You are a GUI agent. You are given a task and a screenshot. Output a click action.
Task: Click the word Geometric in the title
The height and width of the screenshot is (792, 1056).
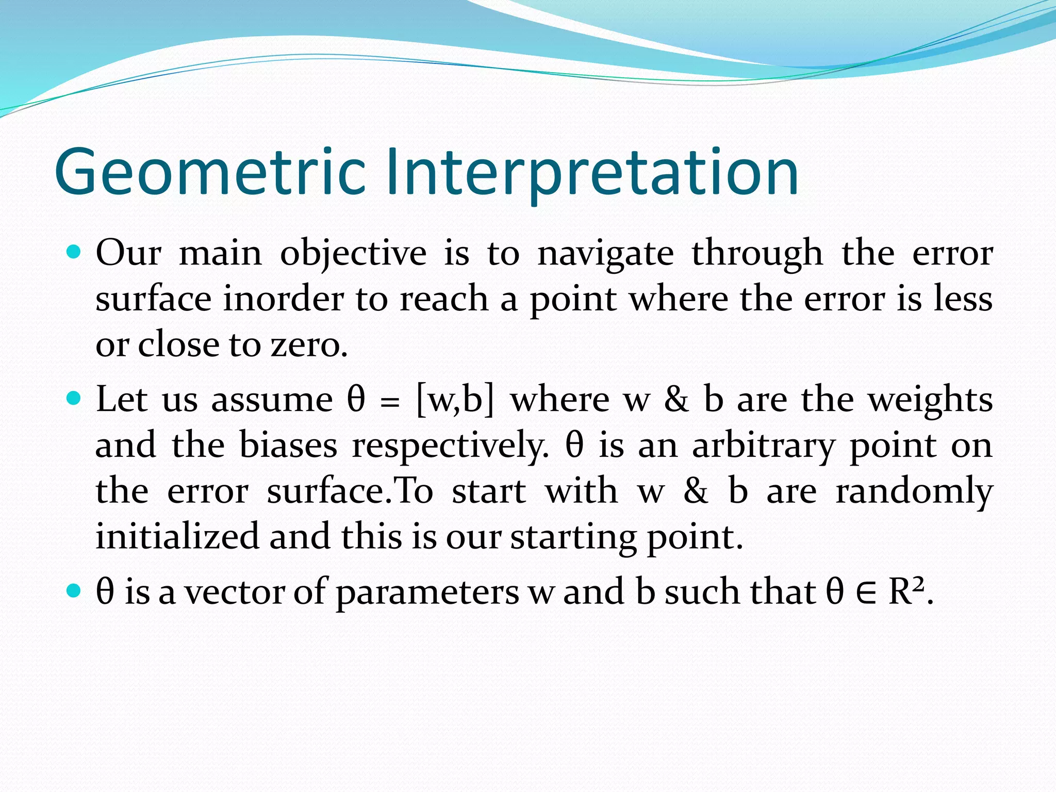pyautogui.click(x=209, y=173)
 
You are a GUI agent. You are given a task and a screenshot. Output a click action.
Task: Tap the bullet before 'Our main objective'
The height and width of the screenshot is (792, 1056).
pyautogui.click(x=74, y=253)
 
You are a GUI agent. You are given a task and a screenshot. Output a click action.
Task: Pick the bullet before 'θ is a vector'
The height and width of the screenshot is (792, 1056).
pyautogui.click(x=74, y=590)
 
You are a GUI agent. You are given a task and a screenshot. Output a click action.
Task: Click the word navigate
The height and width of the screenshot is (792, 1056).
pyautogui.click(x=605, y=254)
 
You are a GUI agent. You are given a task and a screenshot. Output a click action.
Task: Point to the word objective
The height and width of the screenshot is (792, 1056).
pyautogui.click(x=353, y=254)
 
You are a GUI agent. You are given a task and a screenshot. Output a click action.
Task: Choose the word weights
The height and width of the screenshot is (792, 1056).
pyautogui.click(x=930, y=400)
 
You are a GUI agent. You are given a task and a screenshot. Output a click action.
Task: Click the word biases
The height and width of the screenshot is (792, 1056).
pyautogui.click(x=288, y=445)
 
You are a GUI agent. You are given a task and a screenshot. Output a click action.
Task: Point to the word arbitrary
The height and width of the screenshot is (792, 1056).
pyautogui.click(x=763, y=445)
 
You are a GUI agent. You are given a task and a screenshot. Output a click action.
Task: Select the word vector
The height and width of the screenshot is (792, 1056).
pyautogui.click(x=235, y=592)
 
